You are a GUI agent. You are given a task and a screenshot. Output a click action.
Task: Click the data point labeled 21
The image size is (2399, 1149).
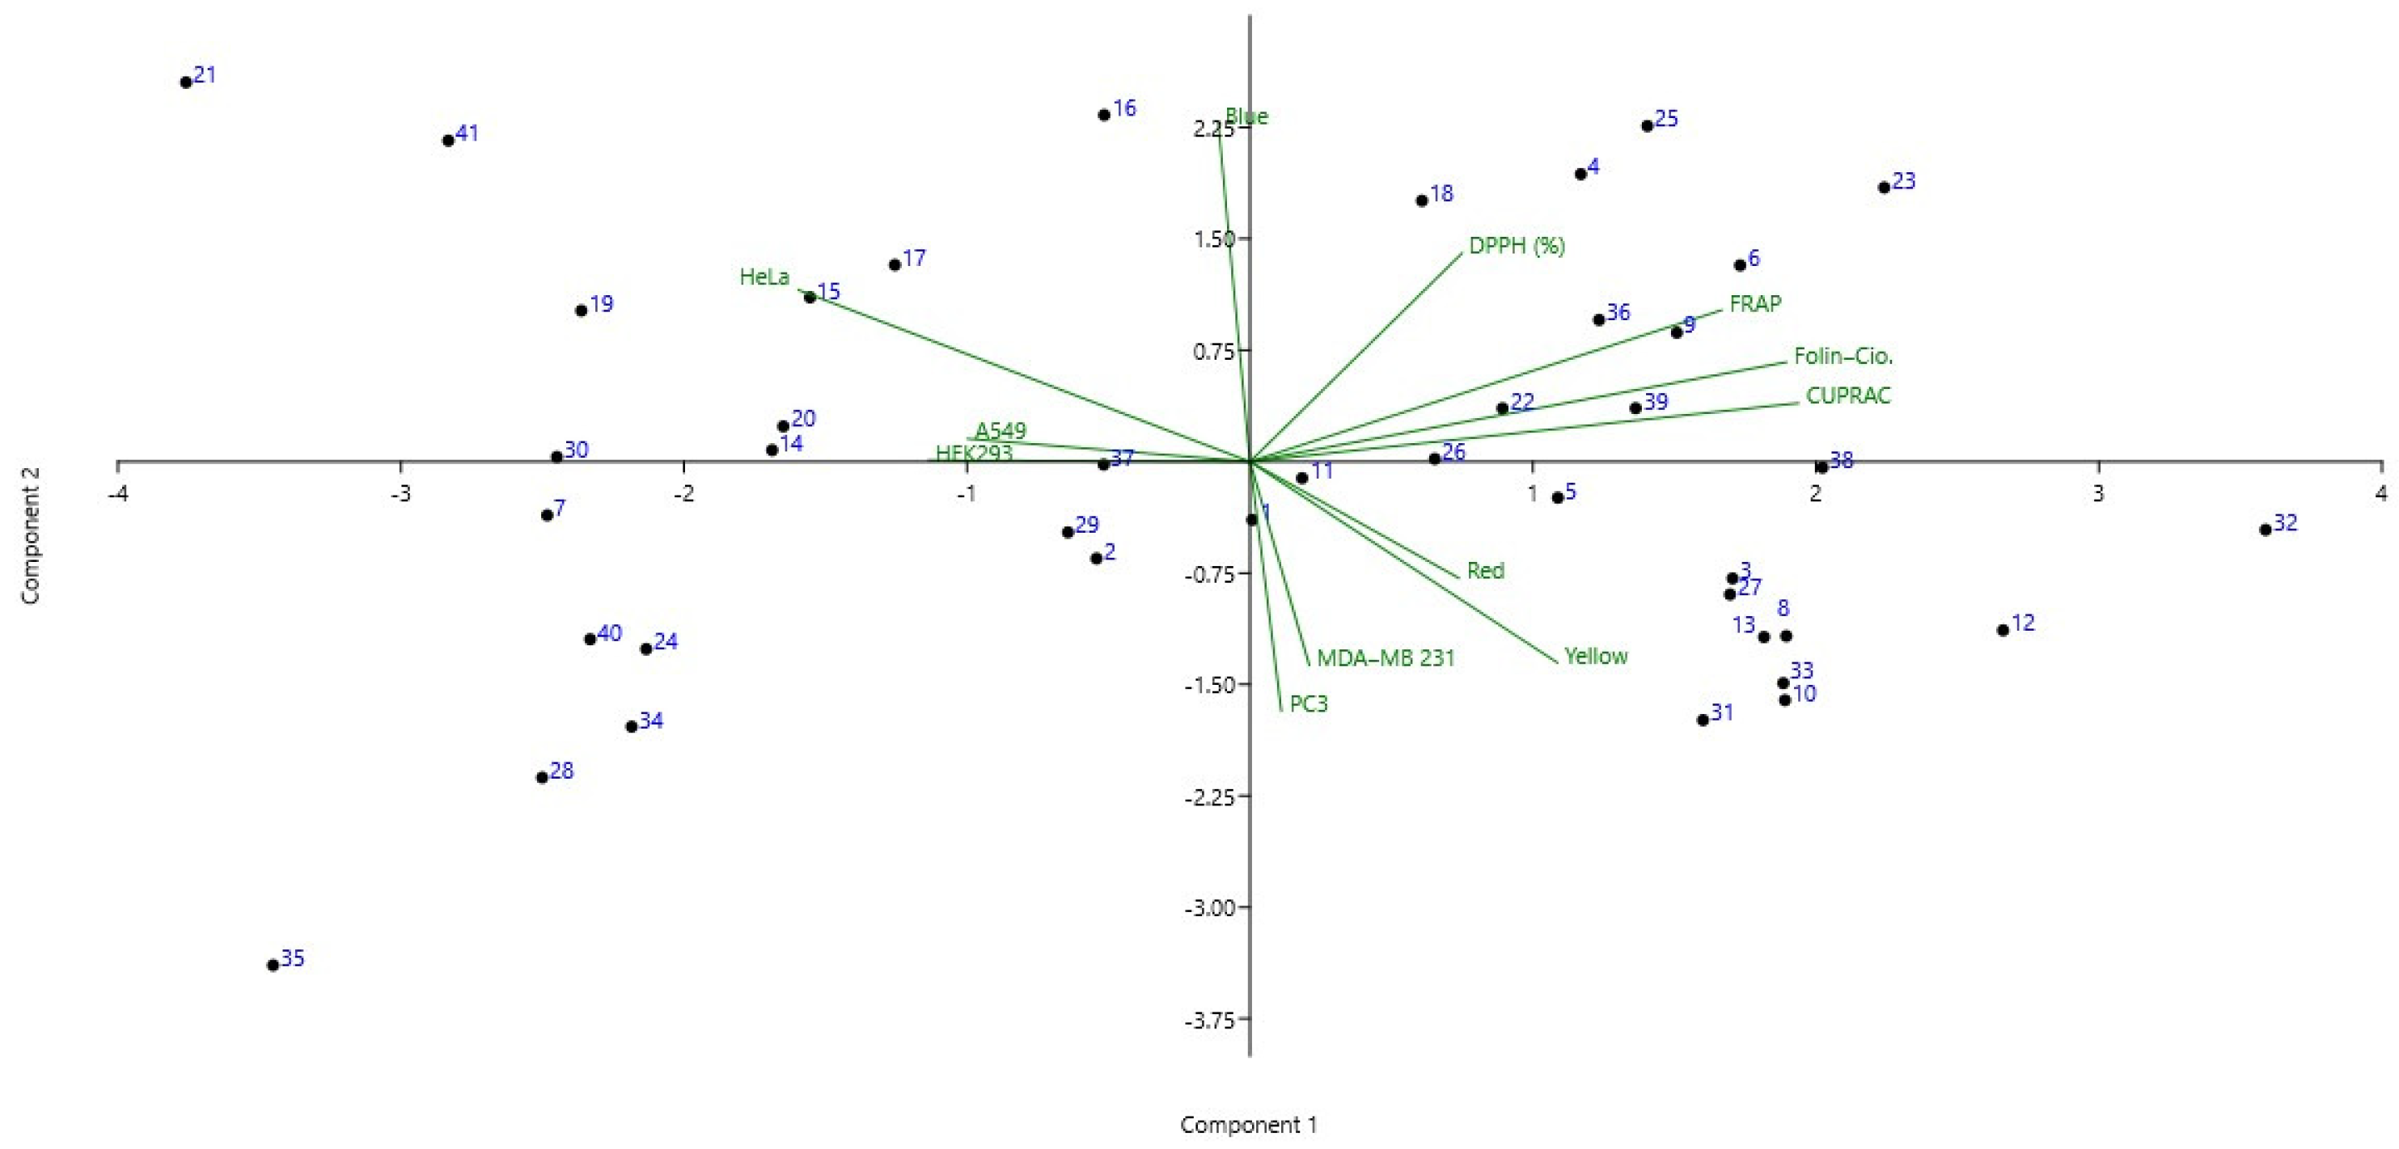(186, 82)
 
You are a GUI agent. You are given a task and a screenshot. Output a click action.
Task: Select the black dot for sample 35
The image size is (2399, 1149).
(273, 965)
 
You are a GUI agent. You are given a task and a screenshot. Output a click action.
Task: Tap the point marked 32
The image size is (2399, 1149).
(2266, 530)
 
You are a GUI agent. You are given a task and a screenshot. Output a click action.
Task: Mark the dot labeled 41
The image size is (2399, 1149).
(448, 141)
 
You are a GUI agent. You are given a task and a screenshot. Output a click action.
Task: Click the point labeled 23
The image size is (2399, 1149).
(1884, 187)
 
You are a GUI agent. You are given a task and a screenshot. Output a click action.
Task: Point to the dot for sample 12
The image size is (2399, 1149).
(2003, 631)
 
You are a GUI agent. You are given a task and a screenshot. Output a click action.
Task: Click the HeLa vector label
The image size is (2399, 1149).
(764, 277)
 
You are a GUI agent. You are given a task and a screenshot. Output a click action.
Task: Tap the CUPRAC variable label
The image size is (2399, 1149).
(1847, 395)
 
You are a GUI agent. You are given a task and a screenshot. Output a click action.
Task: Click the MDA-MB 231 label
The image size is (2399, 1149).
(1385, 657)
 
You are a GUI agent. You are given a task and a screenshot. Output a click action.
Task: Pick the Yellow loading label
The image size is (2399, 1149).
(1595, 656)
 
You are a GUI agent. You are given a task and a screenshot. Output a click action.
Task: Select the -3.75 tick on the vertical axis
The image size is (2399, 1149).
(1209, 1020)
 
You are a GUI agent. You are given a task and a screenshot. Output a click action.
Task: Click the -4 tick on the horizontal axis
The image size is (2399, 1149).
(117, 493)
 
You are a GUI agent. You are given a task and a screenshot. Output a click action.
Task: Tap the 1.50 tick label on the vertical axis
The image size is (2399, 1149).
(1213, 239)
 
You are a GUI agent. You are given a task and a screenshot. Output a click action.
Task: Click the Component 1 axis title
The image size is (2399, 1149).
(1248, 1125)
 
